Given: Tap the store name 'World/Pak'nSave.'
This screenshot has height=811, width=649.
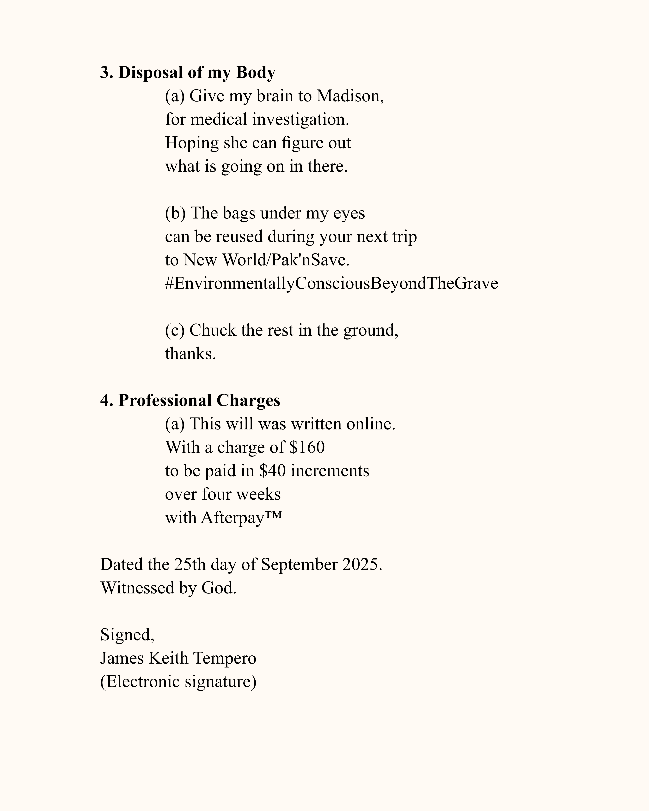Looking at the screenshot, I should [x=286, y=260].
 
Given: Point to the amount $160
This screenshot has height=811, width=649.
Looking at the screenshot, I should [x=307, y=447].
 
